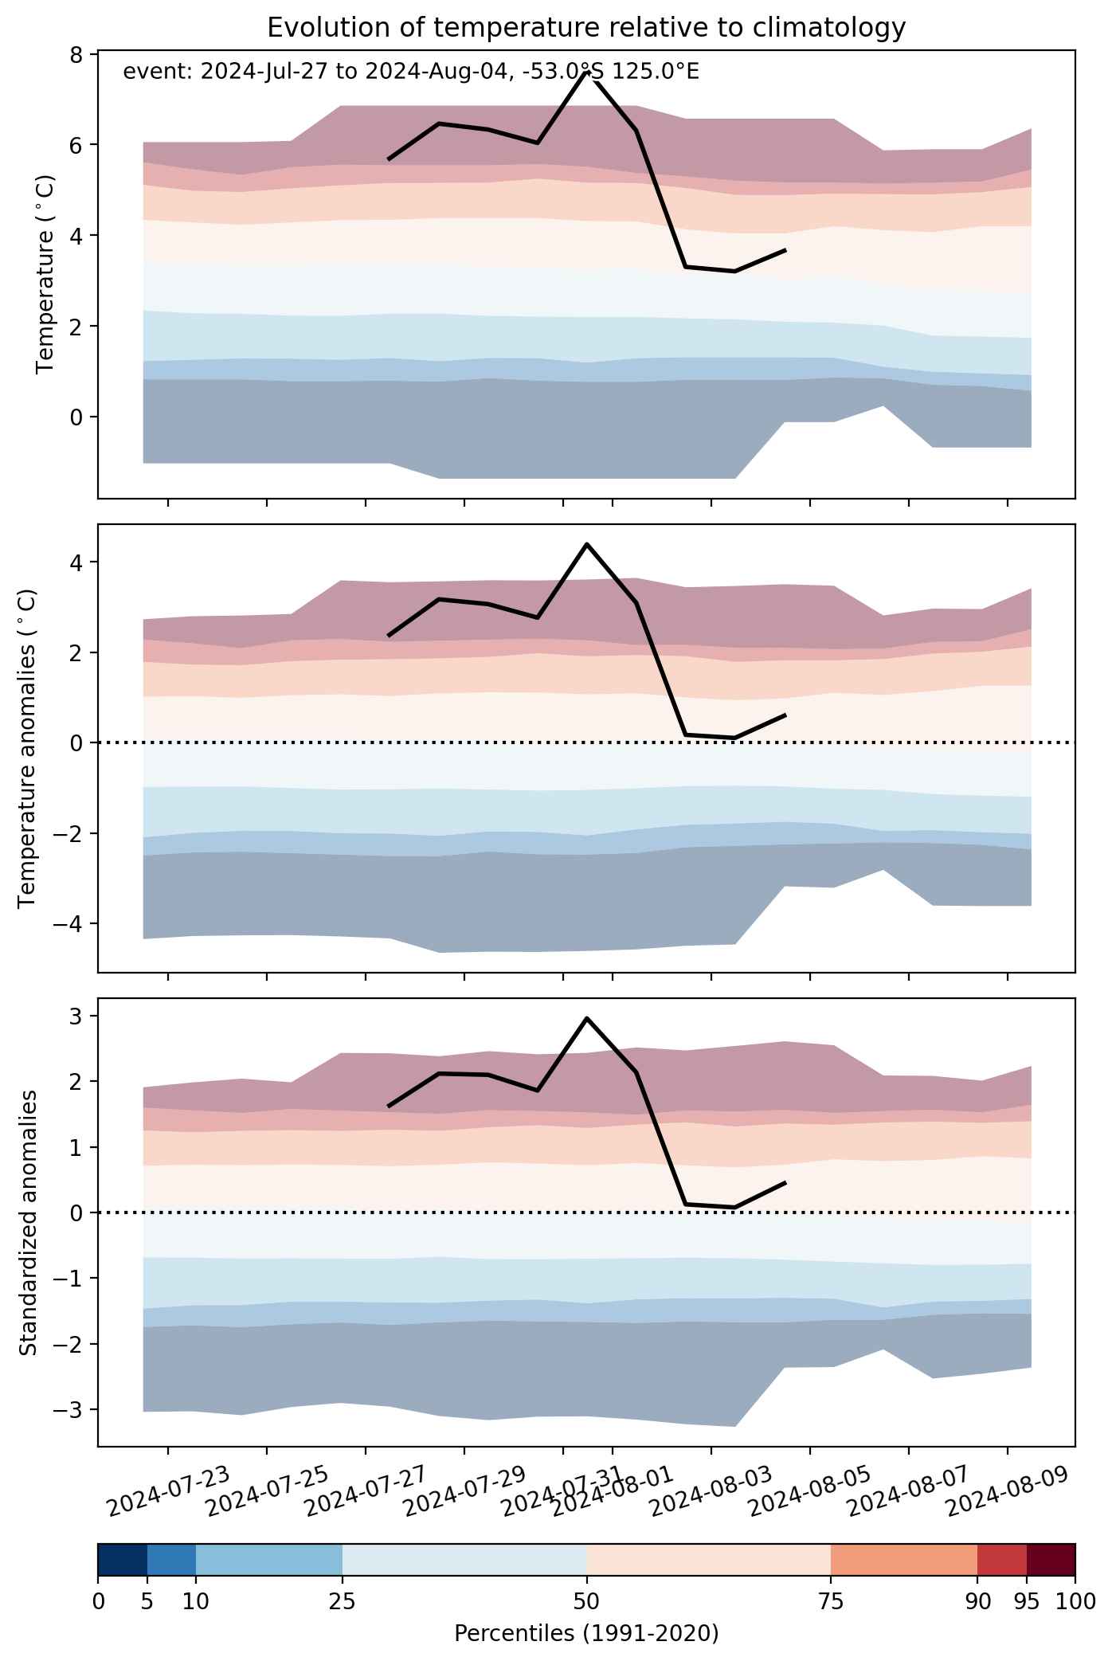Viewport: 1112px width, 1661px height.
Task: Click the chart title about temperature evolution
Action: click(586, 28)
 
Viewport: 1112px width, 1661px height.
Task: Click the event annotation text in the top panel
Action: click(411, 72)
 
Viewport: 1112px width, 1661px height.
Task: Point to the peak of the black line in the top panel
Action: click(586, 72)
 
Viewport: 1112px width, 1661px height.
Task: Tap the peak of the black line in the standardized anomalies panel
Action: click(586, 1017)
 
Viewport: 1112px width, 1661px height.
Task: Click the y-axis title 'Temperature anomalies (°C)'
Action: click(27, 748)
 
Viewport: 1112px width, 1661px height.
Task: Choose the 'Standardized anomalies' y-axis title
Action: click(27, 1222)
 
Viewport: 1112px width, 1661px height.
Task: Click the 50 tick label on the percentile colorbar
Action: click(586, 1601)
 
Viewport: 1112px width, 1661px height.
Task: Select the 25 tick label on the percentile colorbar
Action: click(342, 1601)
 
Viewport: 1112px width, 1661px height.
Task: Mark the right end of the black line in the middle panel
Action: click(785, 715)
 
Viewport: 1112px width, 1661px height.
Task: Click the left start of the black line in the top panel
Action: click(389, 159)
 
